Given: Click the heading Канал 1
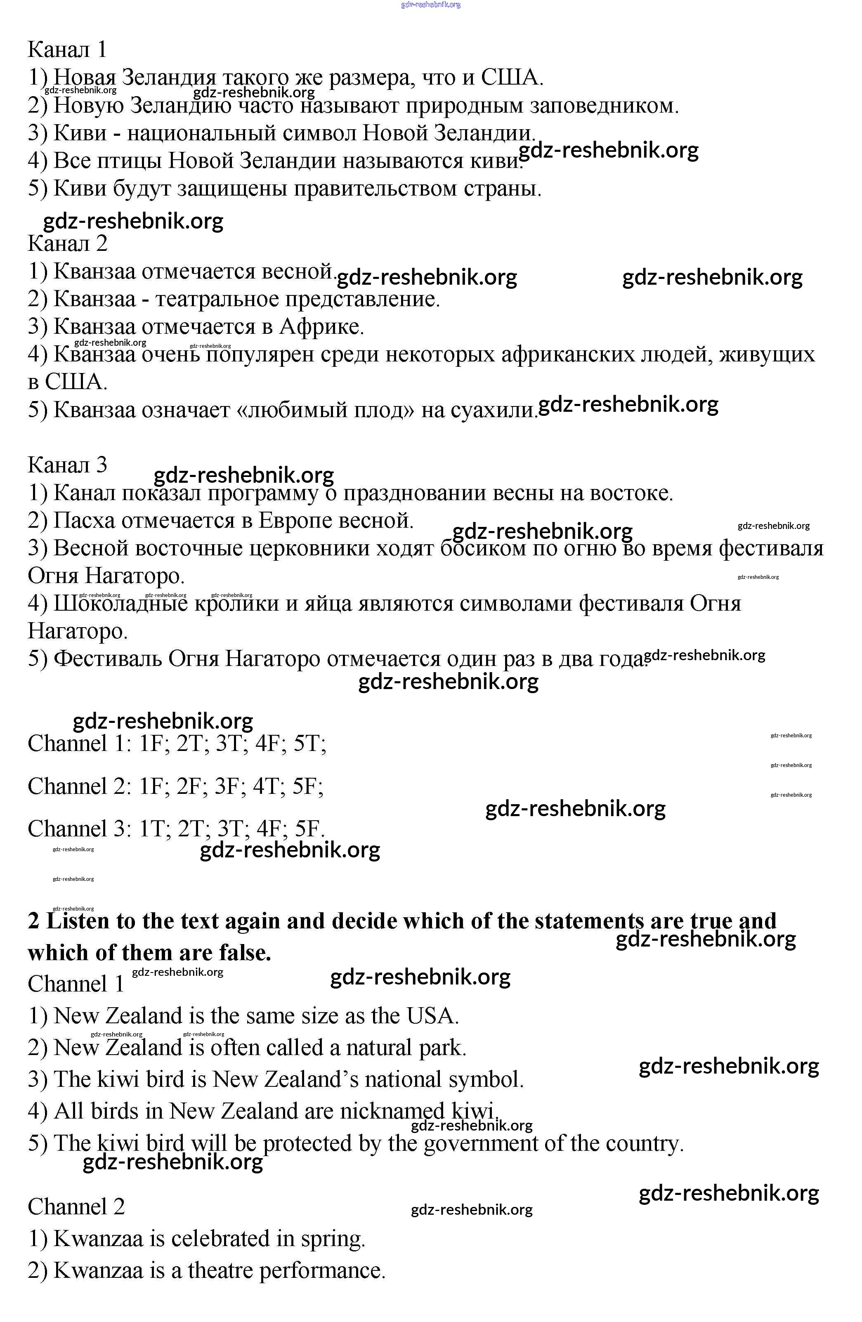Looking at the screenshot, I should pyautogui.click(x=67, y=50).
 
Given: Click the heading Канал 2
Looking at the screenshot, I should pyautogui.click(x=67, y=243).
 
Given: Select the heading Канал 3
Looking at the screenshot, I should pyautogui.click(x=67, y=464).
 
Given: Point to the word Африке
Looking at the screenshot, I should pyautogui.click(x=321, y=327).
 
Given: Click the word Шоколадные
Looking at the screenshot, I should pyautogui.click(x=120, y=603).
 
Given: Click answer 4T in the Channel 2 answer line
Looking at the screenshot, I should pyautogui.click(x=266, y=786).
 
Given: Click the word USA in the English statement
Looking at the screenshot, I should pyautogui.click(x=432, y=1016).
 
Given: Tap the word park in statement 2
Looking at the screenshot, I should pyautogui.click(x=442, y=1048).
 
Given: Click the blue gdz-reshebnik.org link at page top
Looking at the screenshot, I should pyautogui.click(x=430, y=5).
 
